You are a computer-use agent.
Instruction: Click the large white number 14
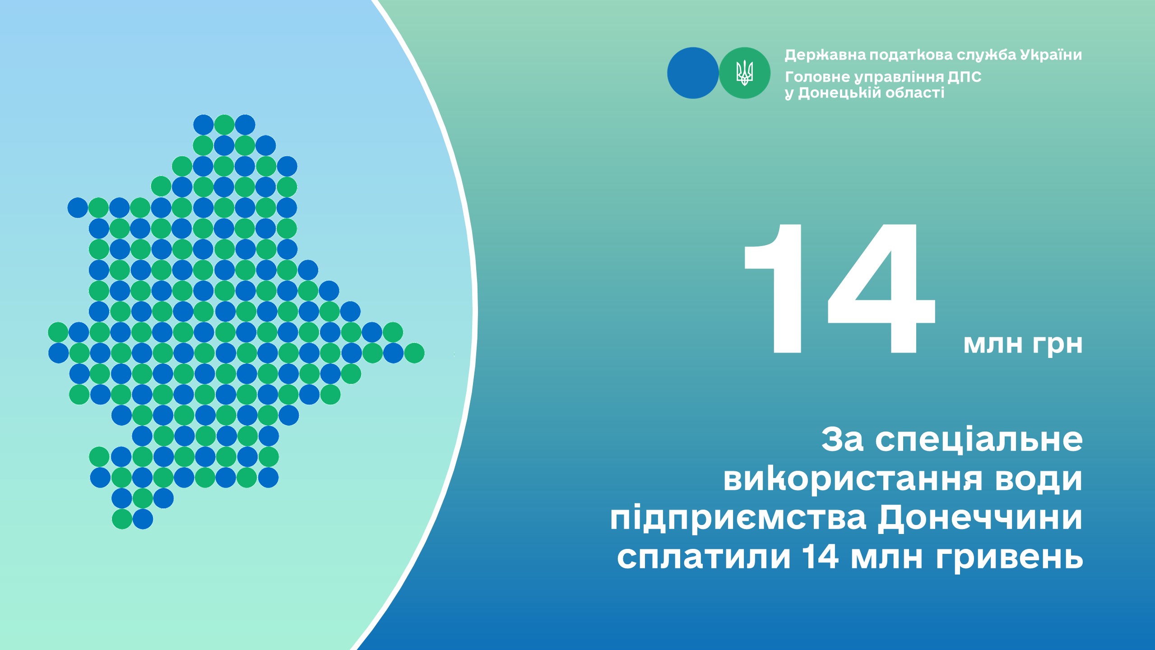point(840,288)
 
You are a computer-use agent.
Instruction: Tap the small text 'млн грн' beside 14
point(1023,344)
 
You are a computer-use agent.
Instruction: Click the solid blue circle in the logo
point(693,73)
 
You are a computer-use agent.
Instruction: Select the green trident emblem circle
point(745,73)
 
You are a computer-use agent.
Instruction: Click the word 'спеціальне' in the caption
point(979,440)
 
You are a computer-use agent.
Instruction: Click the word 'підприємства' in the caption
point(738,519)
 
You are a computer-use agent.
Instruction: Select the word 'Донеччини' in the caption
point(980,519)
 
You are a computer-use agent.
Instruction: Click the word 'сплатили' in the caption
point(704,558)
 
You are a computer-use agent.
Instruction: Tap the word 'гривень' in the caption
point(1009,558)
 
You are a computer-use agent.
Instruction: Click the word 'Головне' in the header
point(817,77)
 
